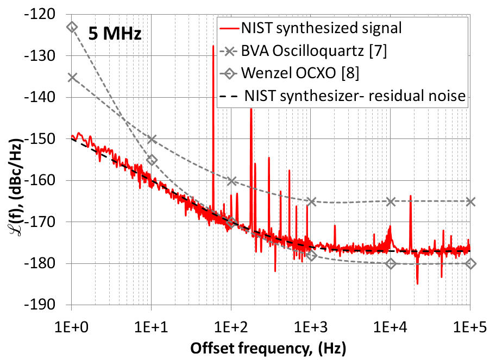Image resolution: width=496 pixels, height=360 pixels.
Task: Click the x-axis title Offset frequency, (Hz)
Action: tap(270, 346)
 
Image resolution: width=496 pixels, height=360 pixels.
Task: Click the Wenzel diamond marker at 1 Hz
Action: tap(72, 27)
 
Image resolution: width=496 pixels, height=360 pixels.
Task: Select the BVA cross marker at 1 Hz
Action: tap(72, 78)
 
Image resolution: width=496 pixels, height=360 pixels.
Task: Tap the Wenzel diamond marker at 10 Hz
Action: tap(152, 160)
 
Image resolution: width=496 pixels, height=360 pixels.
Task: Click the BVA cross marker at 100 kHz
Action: tap(470, 201)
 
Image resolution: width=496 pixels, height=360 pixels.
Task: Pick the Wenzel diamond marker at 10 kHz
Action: tap(390, 263)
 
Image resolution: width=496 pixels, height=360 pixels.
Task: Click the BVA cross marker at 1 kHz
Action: tap(311, 201)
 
